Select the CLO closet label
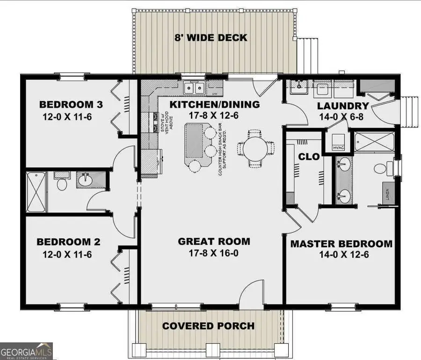click(309, 157)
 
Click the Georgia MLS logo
click(27, 351)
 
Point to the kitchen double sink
click(194, 87)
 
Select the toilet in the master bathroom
click(380, 167)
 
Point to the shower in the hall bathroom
click(36, 192)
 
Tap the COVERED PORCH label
click(209, 326)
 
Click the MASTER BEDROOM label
click(341, 244)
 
